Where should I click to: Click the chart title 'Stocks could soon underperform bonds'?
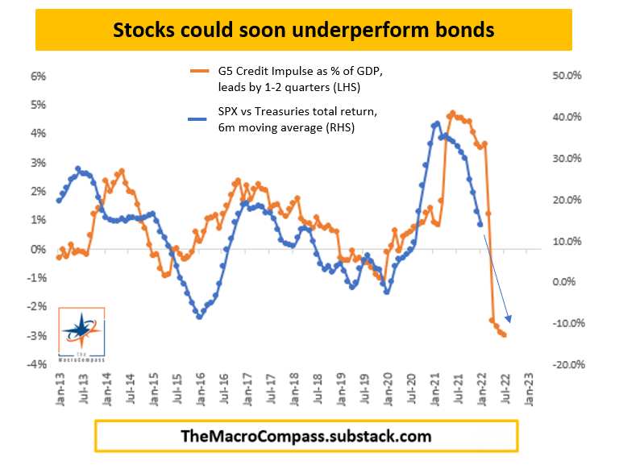click(303, 31)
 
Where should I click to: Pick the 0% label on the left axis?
click(38, 249)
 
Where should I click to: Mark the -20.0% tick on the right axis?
click(563, 364)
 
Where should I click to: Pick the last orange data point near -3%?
click(505, 334)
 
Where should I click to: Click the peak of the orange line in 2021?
click(453, 114)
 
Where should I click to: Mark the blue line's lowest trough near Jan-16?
click(199, 317)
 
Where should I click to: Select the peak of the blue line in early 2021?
click(437, 123)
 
